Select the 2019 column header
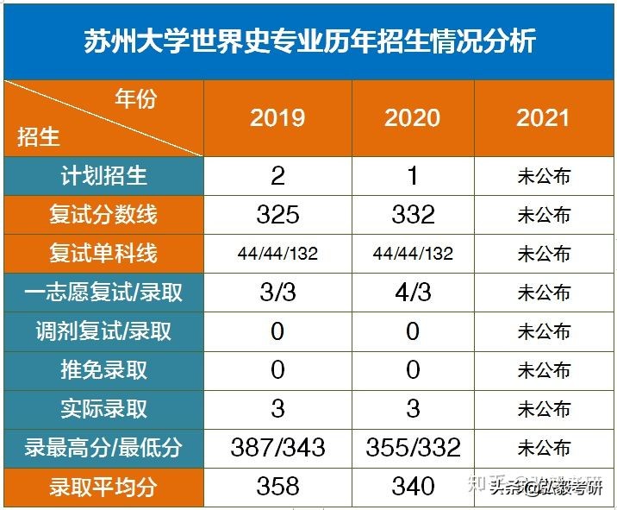pyautogui.click(x=277, y=117)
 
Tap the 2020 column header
pyautogui.click(x=413, y=117)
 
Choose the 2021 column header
pyautogui.click(x=543, y=117)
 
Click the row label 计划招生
pyautogui.click(x=103, y=176)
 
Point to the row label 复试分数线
pyautogui.click(x=103, y=214)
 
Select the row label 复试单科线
pyautogui.click(x=103, y=254)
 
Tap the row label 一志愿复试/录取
pyautogui.click(x=103, y=293)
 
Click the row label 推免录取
pyautogui.click(x=103, y=370)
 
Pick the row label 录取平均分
pyautogui.click(x=103, y=487)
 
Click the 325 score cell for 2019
pyautogui.click(x=277, y=214)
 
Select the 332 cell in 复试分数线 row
pyautogui.click(x=413, y=214)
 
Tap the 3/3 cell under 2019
pyautogui.click(x=277, y=293)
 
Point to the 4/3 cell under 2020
pyautogui.click(x=413, y=293)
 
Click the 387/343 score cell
pyautogui.click(x=277, y=447)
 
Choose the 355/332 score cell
pyautogui.click(x=413, y=447)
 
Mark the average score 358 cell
pyautogui.click(x=277, y=487)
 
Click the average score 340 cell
pyautogui.click(x=413, y=487)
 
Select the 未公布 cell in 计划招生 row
pyautogui.click(x=543, y=177)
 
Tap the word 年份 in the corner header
pyautogui.click(x=136, y=99)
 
